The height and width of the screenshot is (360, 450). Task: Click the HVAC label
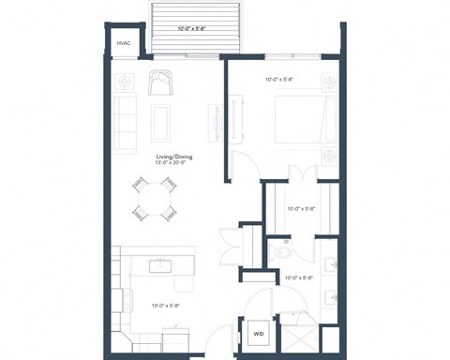pos(123,43)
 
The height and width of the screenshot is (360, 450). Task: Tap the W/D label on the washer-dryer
pos(258,332)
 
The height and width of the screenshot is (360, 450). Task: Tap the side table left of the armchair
pos(126,81)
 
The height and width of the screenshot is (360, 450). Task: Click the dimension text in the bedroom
pos(280,80)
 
